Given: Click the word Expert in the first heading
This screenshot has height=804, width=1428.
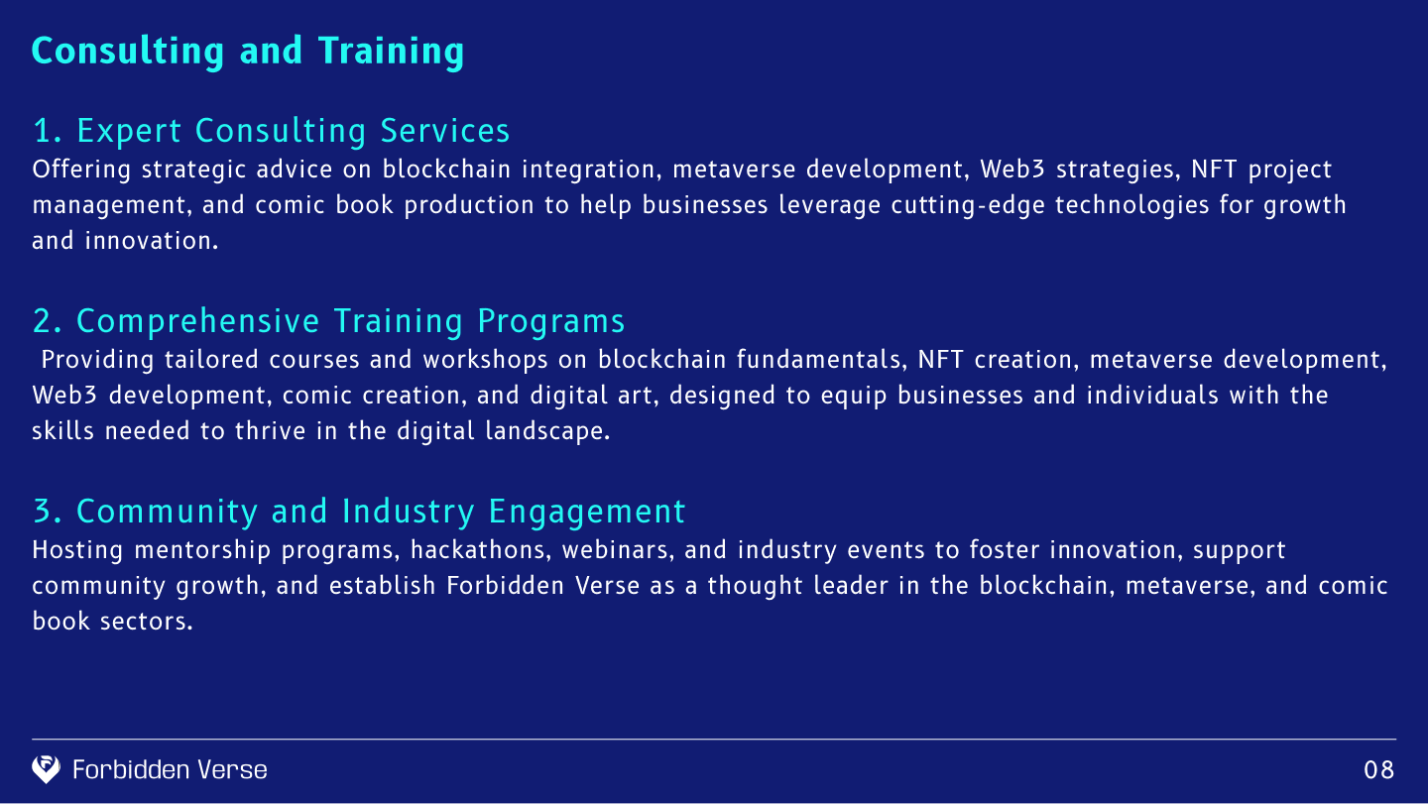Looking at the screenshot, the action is click(129, 131).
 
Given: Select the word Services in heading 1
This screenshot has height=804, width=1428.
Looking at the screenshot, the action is click(445, 131).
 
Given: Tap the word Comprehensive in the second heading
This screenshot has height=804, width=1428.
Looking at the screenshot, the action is click(197, 322).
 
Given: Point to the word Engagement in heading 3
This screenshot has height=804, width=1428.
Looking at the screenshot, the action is click(587, 513).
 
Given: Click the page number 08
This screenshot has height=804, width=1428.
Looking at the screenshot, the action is click(1378, 770).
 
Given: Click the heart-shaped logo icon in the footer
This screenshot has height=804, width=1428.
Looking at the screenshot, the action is click(46, 769).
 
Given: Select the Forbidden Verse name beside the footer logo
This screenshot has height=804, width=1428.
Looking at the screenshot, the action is click(170, 769).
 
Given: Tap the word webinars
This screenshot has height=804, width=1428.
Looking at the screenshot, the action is click(618, 550).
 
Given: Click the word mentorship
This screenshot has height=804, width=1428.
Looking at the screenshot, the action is click(202, 551).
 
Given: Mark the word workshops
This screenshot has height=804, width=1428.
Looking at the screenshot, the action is click(486, 361).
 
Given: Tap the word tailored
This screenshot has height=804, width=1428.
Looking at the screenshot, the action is click(211, 360).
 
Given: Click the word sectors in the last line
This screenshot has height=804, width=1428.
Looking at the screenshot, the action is click(146, 623).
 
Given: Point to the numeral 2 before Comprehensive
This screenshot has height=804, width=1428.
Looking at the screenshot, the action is click(42, 321).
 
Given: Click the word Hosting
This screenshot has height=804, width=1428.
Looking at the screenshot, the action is click(77, 551).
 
